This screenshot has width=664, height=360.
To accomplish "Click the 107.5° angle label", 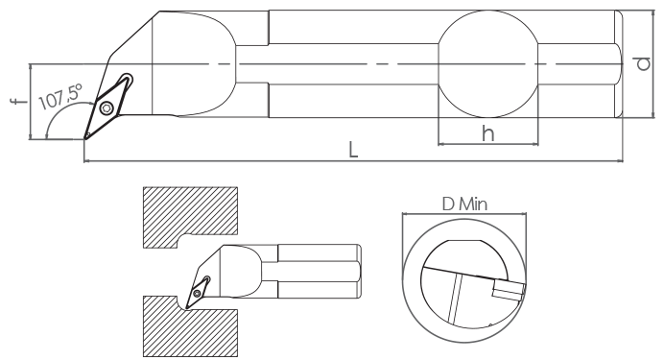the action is tap(60, 97).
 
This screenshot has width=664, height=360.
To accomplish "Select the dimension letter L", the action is tap(353, 150).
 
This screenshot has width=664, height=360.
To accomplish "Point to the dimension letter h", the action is tap(487, 133).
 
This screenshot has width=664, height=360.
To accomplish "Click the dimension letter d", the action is tap(643, 63).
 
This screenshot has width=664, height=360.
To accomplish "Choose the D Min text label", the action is tap(464, 204).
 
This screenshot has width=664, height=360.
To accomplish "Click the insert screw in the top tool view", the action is tap(107, 108).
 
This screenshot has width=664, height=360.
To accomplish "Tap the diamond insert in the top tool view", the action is tap(108, 107).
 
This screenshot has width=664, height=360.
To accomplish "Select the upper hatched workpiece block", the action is tap(190, 217).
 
